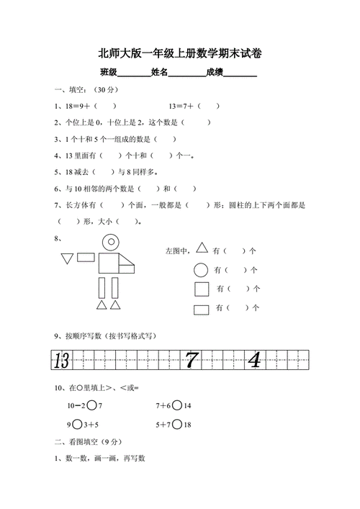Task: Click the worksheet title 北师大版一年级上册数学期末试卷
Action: pos(180,53)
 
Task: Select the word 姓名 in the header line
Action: pos(159,72)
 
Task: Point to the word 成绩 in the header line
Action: pos(214,72)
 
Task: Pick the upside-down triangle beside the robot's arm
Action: pos(68,257)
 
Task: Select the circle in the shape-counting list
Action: pos(202,270)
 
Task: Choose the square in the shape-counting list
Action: pos(202,289)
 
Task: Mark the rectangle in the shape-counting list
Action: pos(202,309)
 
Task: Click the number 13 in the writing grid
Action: pos(62,360)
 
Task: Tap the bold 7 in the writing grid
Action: pos(191,360)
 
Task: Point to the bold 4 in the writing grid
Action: pos(254,360)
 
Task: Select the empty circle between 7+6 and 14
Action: pos(177,406)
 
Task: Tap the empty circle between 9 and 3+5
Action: pos(78,424)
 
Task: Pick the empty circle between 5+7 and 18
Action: pos(177,424)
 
